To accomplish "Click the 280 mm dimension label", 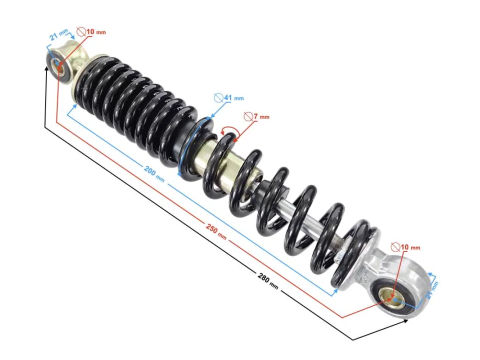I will [268, 280].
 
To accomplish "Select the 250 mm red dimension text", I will [216, 231].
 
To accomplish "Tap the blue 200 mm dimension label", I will [153, 173].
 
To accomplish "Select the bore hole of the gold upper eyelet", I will [58, 64].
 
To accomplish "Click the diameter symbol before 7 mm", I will [247, 116].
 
